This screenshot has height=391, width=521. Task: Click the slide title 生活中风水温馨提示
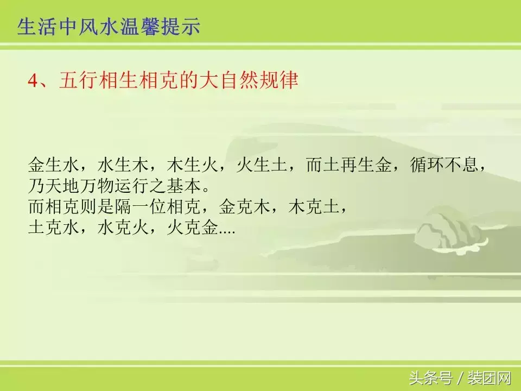point(109,26)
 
